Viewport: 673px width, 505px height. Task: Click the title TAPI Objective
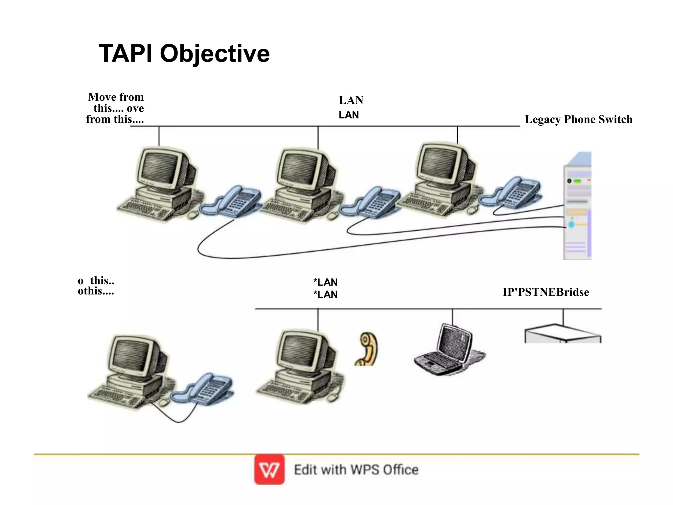[184, 54]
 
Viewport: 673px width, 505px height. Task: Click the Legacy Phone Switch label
[578, 119]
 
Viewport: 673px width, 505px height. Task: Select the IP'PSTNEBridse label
[545, 292]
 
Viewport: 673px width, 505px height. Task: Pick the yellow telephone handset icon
[367, 349]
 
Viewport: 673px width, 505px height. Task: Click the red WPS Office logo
[269, 469]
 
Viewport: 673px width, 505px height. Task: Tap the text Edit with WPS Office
[356, 470]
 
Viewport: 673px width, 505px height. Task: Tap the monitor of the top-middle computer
[301, 169]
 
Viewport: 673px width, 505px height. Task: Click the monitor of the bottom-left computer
[133, 357]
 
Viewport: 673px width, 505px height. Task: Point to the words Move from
[116, 97]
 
